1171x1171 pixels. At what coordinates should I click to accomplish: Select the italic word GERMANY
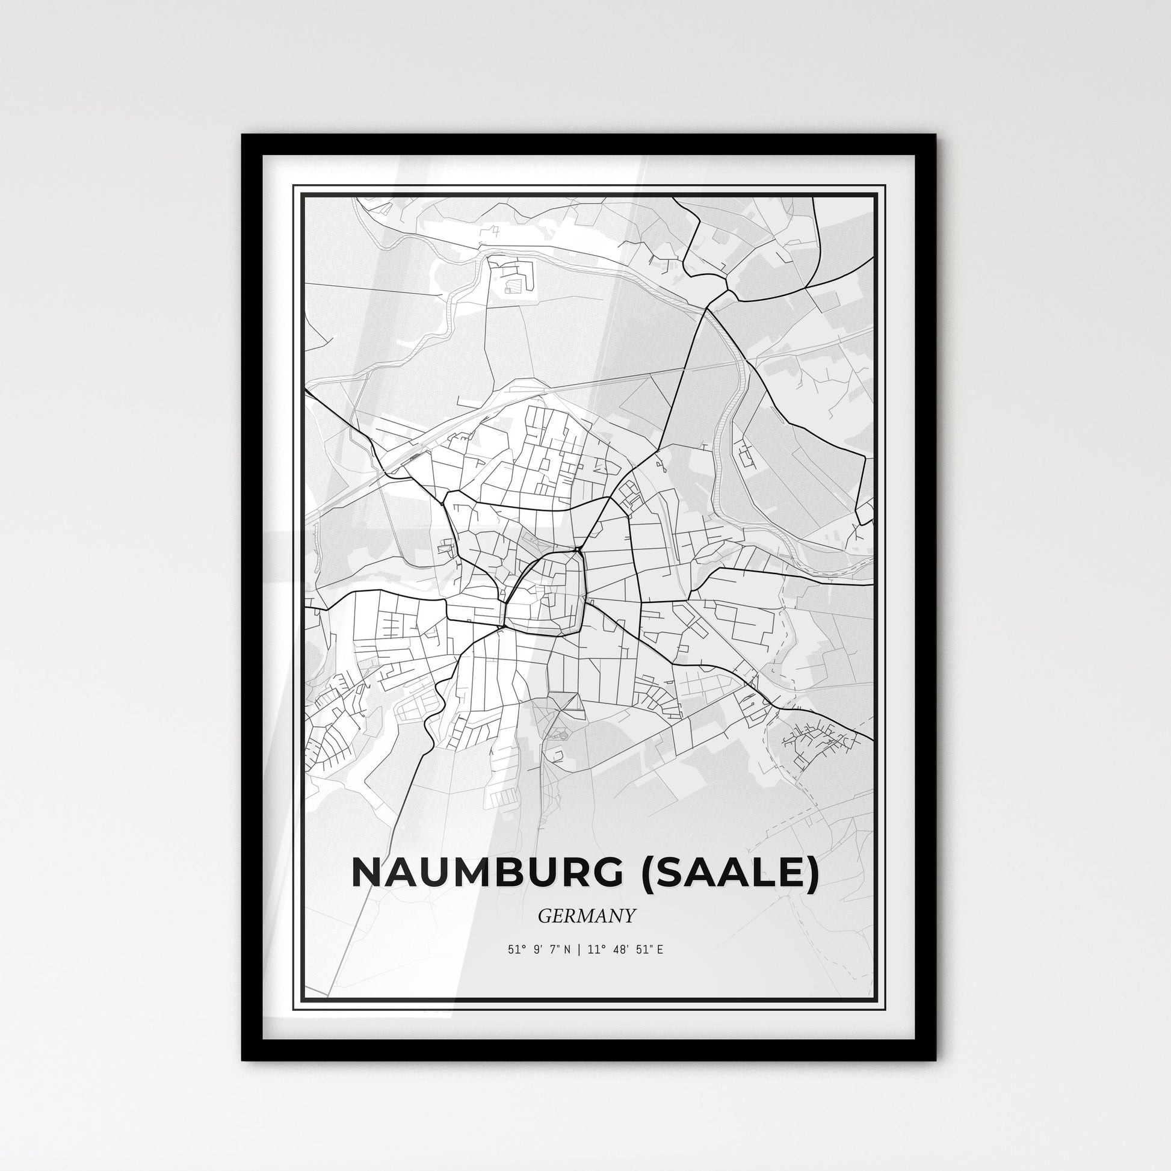click(x=586, y=916)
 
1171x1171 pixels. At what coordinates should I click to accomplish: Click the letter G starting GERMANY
click(x=544, y=916)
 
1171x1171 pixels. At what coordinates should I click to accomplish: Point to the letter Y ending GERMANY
click(x=630, y=916)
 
